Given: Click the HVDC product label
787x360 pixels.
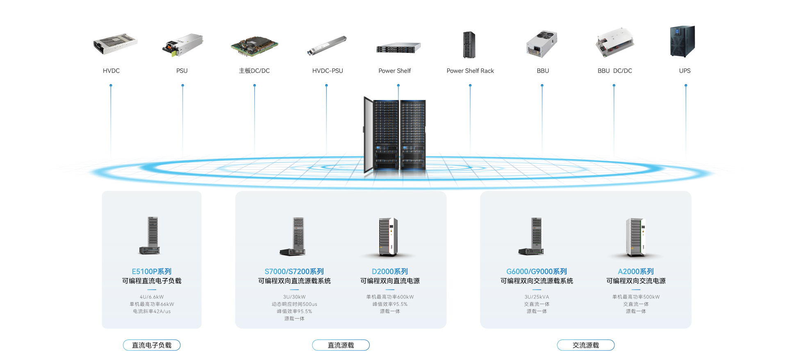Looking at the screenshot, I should (111, 71).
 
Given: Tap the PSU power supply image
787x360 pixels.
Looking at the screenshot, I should (183, 45).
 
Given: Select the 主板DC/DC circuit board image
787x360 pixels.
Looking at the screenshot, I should (255, 46).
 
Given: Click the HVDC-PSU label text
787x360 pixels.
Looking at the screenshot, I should (328, 71).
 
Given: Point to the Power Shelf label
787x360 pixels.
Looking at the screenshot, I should (394, 71).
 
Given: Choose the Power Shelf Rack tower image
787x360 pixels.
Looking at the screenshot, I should (469, 45).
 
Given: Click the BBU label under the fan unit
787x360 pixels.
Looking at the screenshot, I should (543, 71).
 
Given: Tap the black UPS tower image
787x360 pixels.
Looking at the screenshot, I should (682, 41).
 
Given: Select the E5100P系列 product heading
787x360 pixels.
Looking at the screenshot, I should (152, 271).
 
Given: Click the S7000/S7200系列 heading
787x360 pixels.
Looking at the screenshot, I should (294, 271).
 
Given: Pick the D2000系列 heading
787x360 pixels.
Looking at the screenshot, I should (390, 271).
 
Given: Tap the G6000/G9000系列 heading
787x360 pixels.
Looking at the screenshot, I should (537, 271).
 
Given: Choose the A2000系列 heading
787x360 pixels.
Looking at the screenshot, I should (636, 271).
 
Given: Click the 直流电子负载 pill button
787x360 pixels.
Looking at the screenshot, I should (152, 345).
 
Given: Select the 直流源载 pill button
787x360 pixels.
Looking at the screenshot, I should (341, 345).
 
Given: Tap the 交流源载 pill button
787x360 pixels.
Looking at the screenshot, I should (586, 345).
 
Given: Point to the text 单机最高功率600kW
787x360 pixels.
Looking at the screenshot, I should (390, 297).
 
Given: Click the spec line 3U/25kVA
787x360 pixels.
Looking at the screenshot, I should (537, 297).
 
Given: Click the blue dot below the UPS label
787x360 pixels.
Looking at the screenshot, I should (686, 86).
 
